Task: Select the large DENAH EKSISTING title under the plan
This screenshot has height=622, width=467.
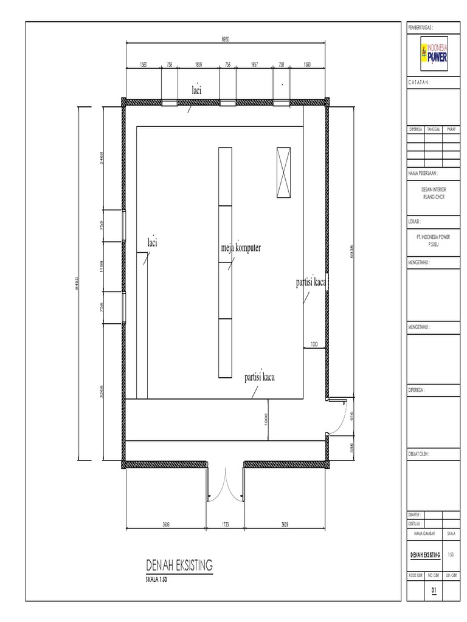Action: (179, 566)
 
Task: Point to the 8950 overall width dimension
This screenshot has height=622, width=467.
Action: (226, 39)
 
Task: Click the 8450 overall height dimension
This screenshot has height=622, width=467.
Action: (77, 284)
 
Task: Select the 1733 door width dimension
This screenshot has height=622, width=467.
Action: (225, 523)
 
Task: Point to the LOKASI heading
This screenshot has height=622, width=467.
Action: (416, 222)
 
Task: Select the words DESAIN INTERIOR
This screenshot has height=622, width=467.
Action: (434, 190)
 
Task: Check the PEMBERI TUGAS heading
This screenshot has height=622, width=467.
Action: (424, 28)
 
